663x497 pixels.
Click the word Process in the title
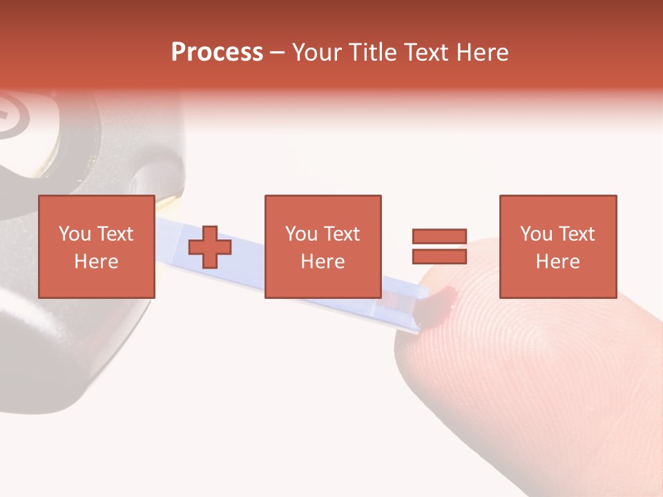(x=217, y=52)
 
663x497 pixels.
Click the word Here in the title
(x=484, y=52)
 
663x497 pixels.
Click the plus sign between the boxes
(x=210, y=247)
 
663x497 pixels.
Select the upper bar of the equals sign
(x=439, y=236)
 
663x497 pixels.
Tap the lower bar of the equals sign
(x=439, y=256)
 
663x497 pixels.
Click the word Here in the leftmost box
(x=96, y=262)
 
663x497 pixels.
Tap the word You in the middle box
(x=301, y=234)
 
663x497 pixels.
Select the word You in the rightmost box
(x=536, y=234)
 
